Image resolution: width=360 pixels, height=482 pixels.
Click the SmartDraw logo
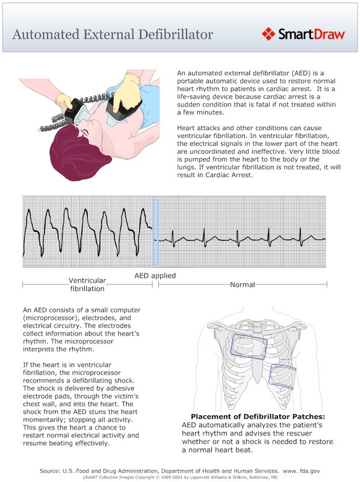(x=303, y=34)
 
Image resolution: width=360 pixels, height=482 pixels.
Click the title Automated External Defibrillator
(x=113, y=34)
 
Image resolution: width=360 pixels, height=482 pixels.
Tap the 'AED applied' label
(x=155, y=275)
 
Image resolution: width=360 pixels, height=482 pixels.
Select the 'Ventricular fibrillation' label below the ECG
(x=87, y=284)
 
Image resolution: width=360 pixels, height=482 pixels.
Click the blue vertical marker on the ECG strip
(x=155, y=232)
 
